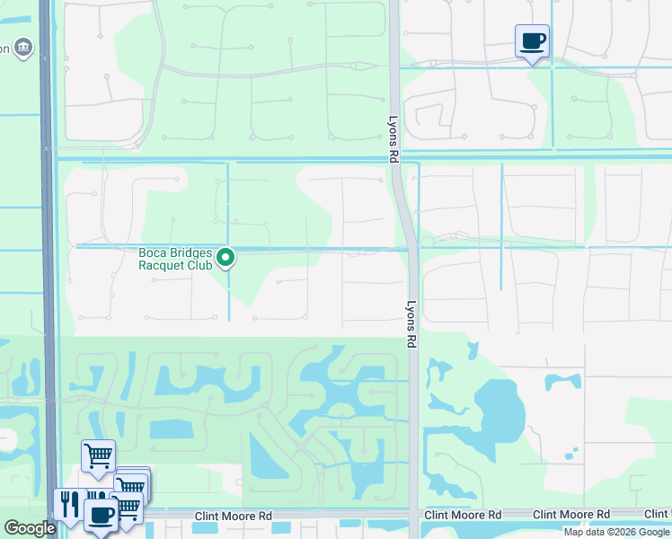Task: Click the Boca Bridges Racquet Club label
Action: pyautogui.click(x=175, y=259)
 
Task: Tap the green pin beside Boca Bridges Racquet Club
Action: pyautogui.click(x=226, y=259)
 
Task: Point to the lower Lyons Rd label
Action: pyautogui.click(x=411, y=324)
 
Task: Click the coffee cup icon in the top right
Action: pyautogui.click(x=532, y=40)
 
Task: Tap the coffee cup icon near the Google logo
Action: pyautogui.click(x=101, y=516)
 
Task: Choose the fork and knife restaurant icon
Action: pyautogui.click(x=68, y=503)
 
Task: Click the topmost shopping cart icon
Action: pyautogui.click(x=98, y=455)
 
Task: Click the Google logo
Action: pyautogui.click(x=30, y=528)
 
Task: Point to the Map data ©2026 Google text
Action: pyautogui.click(x=616, y=532)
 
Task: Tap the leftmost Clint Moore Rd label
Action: pyautogui.click(x=234, y=516)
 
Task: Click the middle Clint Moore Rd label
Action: pyautogui.click(x=463, y=515)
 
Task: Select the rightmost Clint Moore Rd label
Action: pyautogui.click(x=570, y=515)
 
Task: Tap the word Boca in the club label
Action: pyautogui.click(x=154, y=253)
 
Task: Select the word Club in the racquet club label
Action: pyautogui.click(x=199, y=265)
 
